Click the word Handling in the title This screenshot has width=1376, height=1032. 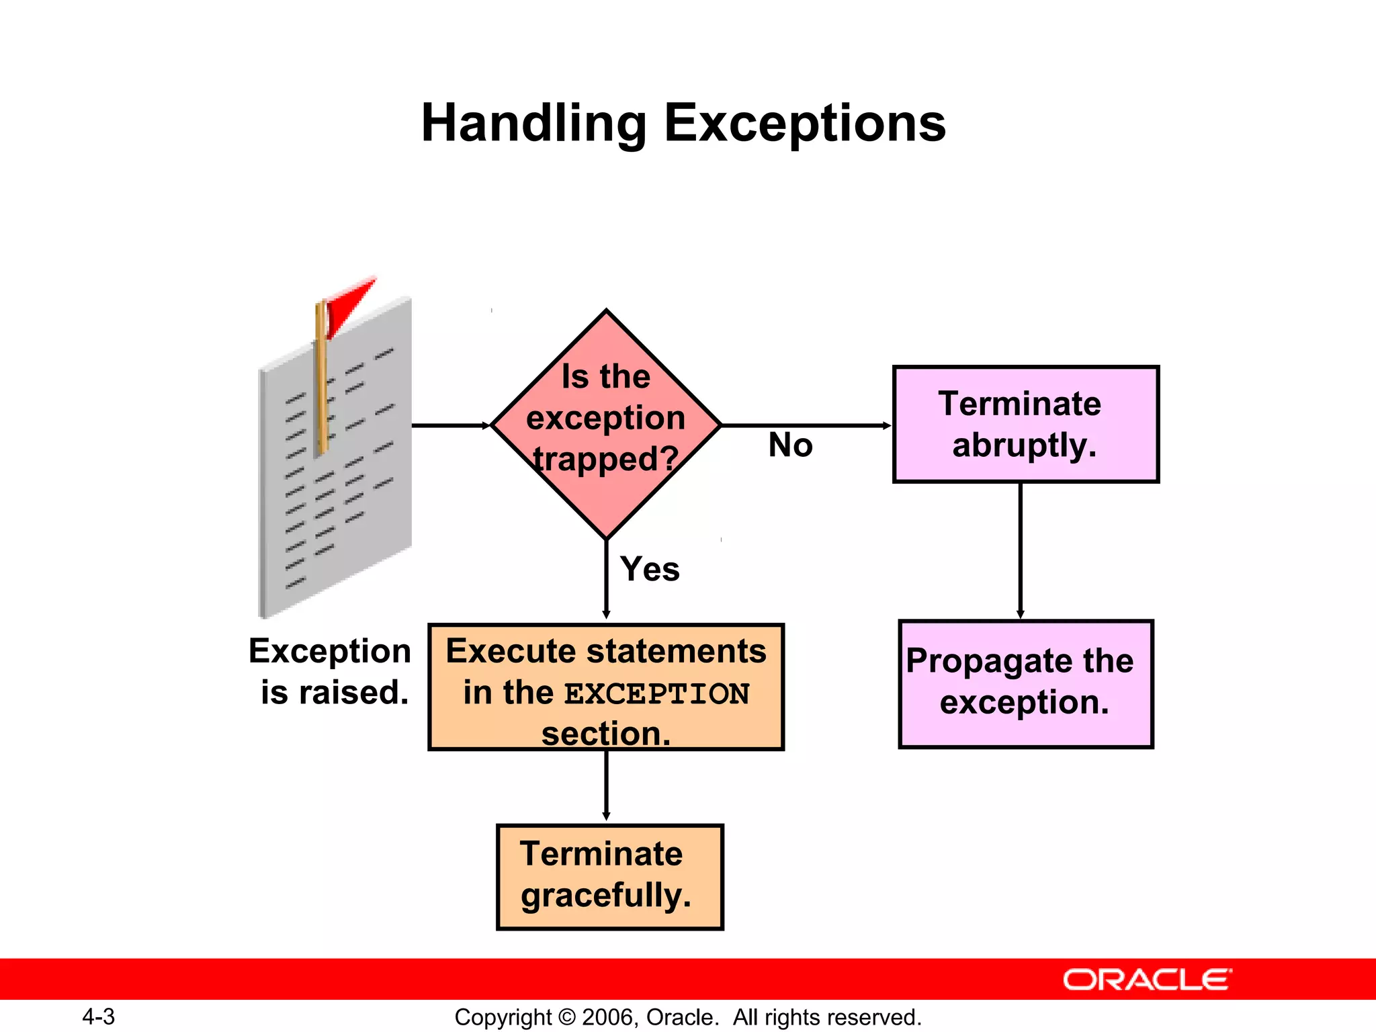pos(533,124)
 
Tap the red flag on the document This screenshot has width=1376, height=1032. pos(349,302)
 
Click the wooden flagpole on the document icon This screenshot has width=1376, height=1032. pos(322,383)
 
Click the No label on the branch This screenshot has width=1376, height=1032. pos(790,445)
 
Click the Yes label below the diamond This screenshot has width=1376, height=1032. pos(650,569)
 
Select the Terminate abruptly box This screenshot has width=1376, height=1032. pos(1025,424)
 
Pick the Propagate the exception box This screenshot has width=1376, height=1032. pos(1025,683)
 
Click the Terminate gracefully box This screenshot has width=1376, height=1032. pos(609,876)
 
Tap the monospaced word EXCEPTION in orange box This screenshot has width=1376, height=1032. pos(656,694)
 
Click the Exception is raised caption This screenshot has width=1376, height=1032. pos(331,671)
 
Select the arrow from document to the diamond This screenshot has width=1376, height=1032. pos(450,425)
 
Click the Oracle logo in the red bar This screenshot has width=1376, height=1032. pos(1147,980)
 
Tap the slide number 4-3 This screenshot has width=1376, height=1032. pos(98,1017)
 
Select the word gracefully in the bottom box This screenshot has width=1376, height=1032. pos(606,896)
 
